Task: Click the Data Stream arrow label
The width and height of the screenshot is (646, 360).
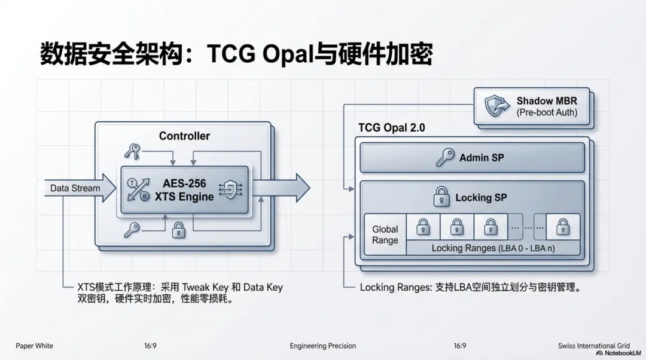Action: point(75,188)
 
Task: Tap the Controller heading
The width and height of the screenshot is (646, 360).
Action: point(184,136)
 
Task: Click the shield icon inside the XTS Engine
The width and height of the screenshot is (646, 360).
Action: point(230,189)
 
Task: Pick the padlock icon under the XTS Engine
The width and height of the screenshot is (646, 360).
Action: point(178,230)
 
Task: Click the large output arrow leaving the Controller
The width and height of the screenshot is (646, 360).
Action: point(287,188)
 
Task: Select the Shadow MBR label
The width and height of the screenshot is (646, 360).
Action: point(547,101)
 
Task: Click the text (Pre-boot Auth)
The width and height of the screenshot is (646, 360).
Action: point(547,112)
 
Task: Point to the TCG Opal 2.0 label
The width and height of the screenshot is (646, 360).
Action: point(391,128)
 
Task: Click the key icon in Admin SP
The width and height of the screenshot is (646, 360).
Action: point(444,158)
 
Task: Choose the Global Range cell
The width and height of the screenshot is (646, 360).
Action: point(385,234)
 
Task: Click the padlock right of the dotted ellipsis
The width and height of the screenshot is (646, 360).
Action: point(562,227)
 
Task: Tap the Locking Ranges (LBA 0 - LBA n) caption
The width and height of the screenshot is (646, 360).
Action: point(493,248)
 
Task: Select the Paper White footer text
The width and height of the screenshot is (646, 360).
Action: point(34,346)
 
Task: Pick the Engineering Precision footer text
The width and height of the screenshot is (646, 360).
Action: point(322,346)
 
